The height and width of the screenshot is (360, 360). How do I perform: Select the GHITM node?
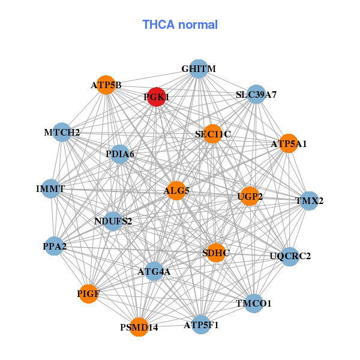199,69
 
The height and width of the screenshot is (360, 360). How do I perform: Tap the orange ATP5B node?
107,85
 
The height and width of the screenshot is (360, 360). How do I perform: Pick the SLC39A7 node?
256,94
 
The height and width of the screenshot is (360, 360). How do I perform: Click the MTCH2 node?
62,132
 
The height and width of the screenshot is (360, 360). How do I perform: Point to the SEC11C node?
213,134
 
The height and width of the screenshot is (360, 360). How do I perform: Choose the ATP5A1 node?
289,143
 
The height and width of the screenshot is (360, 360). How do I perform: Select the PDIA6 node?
120,154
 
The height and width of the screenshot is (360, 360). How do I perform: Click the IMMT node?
50,189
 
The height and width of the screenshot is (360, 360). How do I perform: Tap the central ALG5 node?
176,191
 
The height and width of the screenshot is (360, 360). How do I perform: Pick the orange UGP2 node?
250,196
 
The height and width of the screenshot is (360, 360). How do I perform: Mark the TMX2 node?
309,201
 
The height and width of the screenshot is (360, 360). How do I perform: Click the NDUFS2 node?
113,221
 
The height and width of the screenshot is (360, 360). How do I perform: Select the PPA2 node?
55,246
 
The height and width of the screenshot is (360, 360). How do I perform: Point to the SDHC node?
216,253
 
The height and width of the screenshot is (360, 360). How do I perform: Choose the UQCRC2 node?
290,256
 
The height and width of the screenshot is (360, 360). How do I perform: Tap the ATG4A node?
154,271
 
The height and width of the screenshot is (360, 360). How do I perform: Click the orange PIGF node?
89,293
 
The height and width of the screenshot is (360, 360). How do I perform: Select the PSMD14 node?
139,327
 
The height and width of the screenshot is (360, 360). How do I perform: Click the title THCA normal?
180,25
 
